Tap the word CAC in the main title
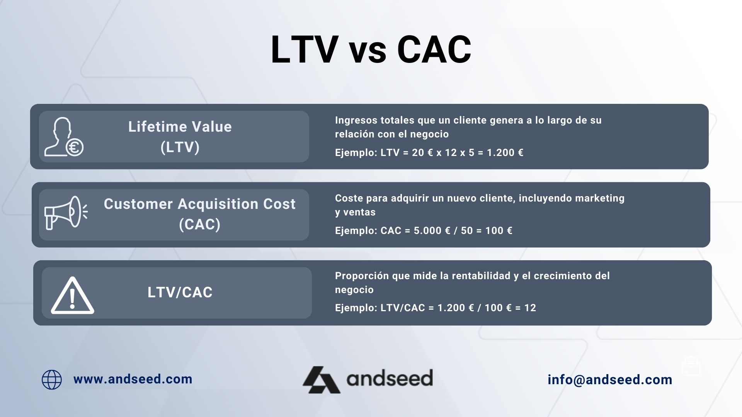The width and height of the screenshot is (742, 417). coord(434,49)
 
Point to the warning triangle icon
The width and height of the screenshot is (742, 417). coord(72,295)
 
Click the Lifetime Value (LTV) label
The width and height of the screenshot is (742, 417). coord(180,137)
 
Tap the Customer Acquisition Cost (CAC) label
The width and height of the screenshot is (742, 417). coord(199,214)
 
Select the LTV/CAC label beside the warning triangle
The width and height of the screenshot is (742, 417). coord(180,292)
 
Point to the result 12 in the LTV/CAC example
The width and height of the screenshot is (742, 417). coord(530,308)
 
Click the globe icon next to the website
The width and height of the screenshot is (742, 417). coord(52,380)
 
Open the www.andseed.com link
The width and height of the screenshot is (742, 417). coord(133,379)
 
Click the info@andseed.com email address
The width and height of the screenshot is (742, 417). coord(610,380)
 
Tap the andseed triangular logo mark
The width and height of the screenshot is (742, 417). coord(321,380)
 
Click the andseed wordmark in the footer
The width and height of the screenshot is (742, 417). coord(390,378)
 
